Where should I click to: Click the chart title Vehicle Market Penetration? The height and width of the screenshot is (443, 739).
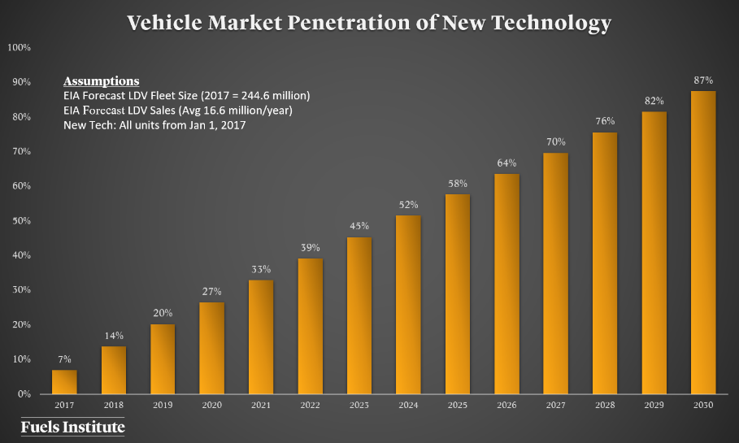pyautogui.click(x=369, y=24)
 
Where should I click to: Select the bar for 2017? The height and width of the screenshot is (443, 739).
pyautogui.click(x=64, y=382)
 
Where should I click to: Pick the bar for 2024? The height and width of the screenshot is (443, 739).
pyautogui.click(x=408, y=305)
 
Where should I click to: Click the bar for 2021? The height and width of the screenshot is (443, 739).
pyautogui.click(x=261, y=337)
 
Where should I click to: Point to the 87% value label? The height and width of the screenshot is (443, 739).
pyautogui.click(x=703, y=80)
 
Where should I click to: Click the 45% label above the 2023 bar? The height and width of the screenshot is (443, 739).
pyautogui.click(x=359, y=226)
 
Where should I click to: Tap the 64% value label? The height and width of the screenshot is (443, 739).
pyautogui.click(x=506, y=163)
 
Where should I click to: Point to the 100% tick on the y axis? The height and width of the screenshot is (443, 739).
pyautogui.click(x=19, y=47)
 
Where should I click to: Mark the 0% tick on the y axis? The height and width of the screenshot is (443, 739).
pyautogui.click(x=24, y=394)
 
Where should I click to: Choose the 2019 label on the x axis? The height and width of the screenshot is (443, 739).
pyautogui.click(x=163, y=404)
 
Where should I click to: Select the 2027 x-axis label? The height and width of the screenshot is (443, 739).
pyautogui.click(x=556, y=404)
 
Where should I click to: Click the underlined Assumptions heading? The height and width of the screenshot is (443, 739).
pyautogui.click(x=101, y=81)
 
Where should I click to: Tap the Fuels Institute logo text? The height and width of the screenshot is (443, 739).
pyautogui.click(x=72, y=427)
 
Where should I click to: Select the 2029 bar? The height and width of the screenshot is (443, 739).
pyautogui.click(x=654, y=253)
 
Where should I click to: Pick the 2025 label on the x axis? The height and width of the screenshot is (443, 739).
pyautogui.click(x=458, y=404)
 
